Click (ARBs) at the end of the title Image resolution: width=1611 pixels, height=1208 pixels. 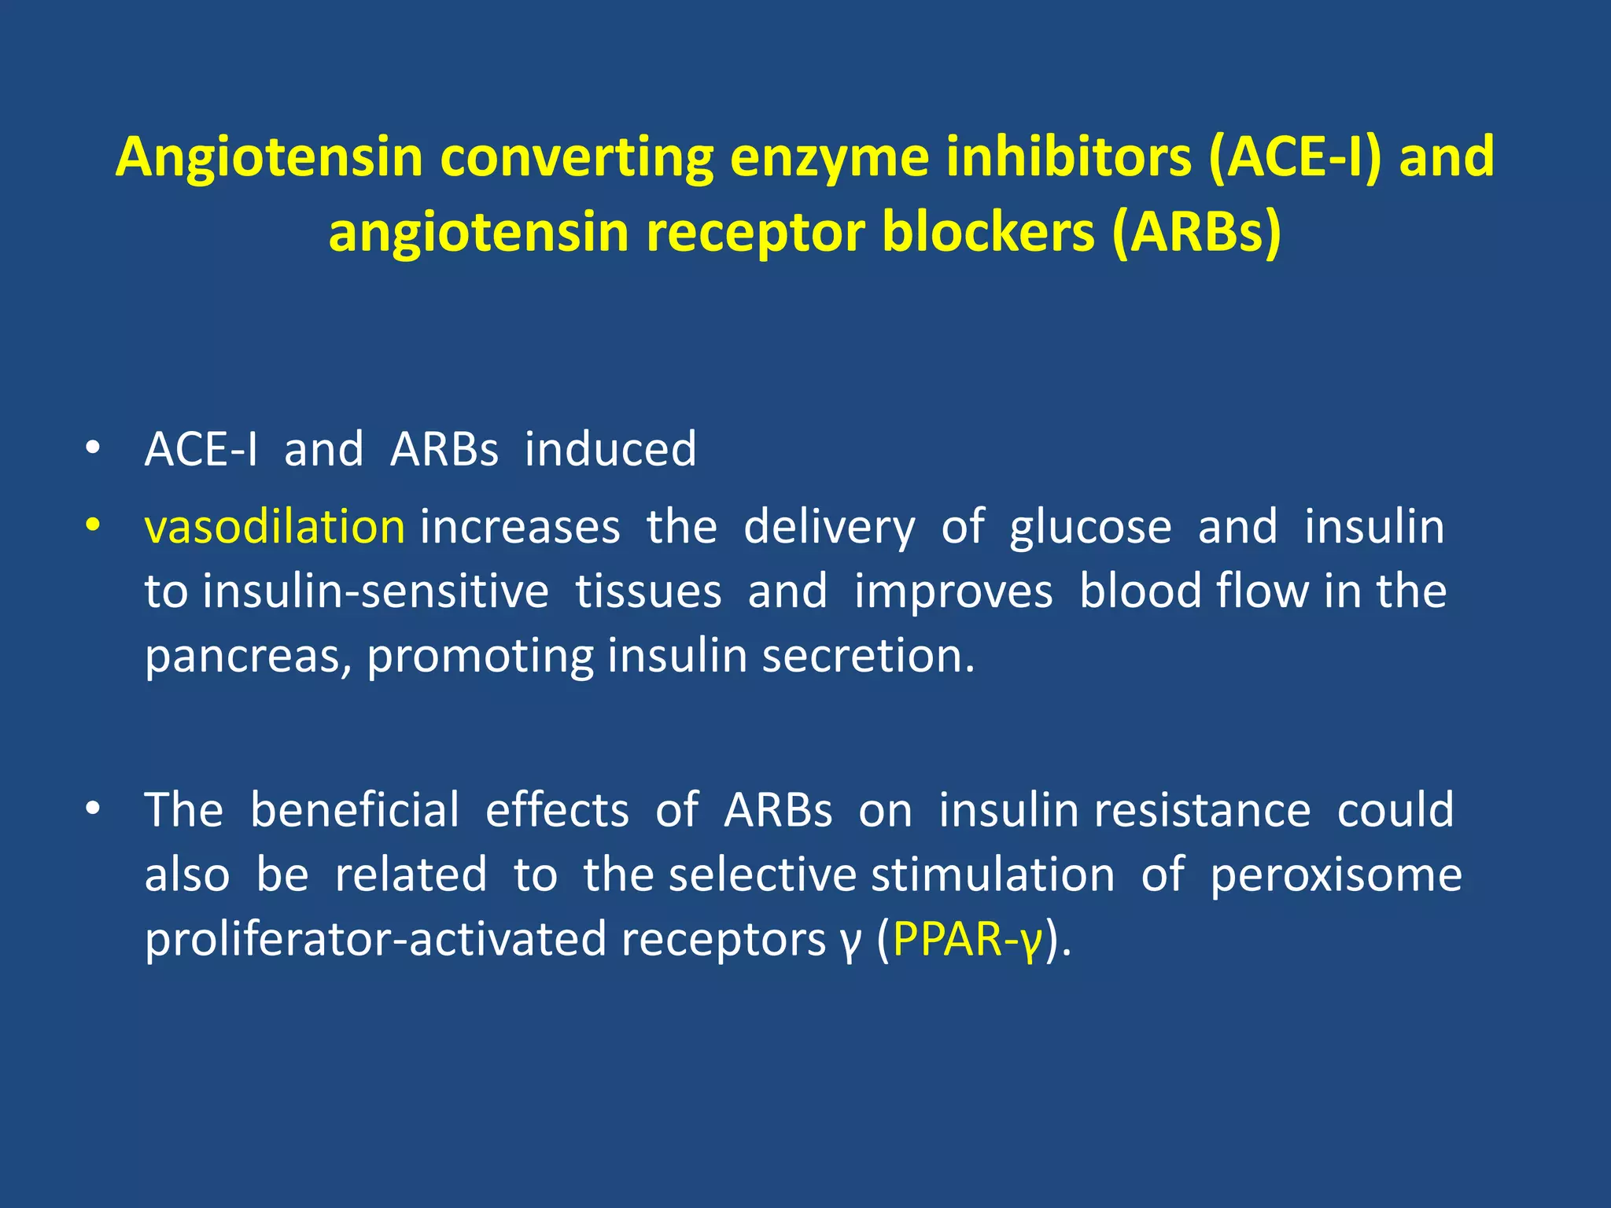pos(1196,233)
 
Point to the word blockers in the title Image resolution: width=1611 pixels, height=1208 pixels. pos(988,233)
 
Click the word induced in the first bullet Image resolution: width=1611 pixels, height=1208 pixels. pos(610,449)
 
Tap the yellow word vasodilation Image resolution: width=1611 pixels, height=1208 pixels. pos(275,526)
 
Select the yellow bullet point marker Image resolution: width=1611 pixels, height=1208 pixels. pos(93,525)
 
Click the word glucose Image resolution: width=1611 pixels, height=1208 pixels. pos(1090,526)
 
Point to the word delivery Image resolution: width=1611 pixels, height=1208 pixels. pos(829,528)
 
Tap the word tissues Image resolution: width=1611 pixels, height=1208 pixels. pos(647,591)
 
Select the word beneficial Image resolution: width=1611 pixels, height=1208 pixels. pos(354,809)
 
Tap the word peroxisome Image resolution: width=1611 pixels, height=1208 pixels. pos(1336,875)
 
